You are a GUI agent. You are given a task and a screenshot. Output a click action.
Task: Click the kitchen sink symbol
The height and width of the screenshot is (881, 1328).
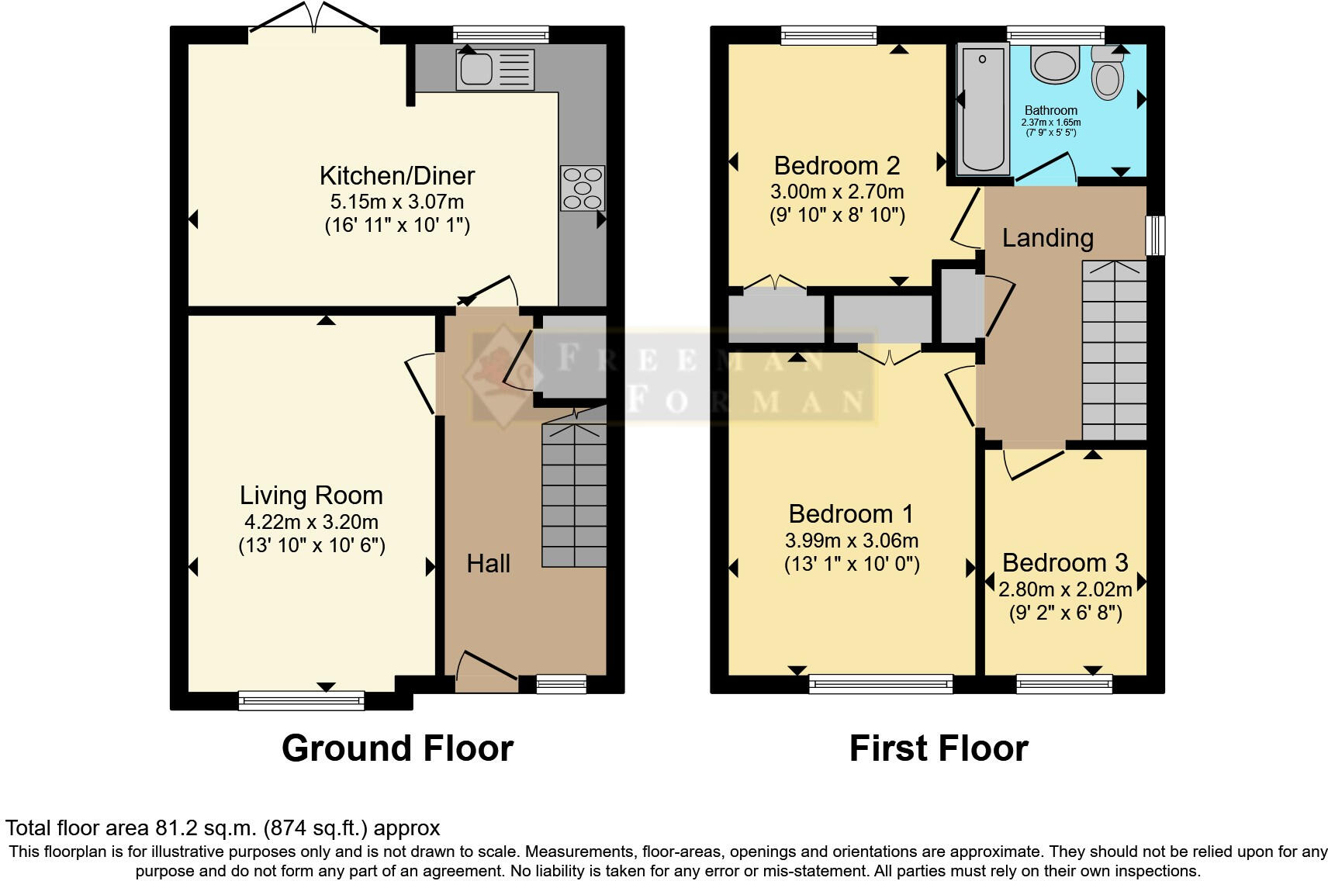pos(494,68)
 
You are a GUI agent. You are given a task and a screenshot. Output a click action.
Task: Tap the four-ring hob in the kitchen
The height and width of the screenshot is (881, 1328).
pos(583,188)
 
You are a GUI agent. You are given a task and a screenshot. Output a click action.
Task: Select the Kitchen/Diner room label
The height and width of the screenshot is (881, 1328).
pos(397,176)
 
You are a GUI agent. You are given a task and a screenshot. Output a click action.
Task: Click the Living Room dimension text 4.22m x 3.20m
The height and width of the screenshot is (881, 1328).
pos(311,522)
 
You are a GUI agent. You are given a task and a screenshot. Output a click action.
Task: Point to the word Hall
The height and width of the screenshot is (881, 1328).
pos(488,564)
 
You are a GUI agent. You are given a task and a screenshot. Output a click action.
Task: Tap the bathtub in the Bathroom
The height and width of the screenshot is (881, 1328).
pos(983,109)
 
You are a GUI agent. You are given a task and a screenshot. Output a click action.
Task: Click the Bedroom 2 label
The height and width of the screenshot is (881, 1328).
pos(837,166)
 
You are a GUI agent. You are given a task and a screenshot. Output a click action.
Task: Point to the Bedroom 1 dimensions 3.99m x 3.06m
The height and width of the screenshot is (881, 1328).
pos(852,541)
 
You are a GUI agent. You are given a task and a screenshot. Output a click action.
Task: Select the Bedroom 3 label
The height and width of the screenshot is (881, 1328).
pos(1064,563)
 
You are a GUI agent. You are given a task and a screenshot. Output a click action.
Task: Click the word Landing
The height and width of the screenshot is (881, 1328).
pos(1047,238)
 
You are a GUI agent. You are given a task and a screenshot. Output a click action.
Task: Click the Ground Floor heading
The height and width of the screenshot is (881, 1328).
pos(397,748)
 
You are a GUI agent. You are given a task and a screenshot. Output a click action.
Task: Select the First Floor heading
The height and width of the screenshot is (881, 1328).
pos(938,748)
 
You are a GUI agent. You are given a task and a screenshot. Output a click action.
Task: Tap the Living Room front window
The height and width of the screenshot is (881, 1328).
pos(301,701)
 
